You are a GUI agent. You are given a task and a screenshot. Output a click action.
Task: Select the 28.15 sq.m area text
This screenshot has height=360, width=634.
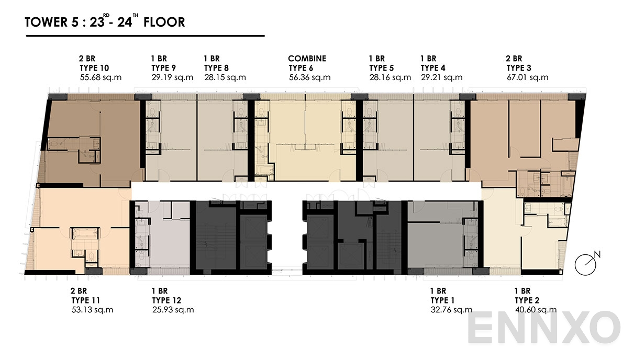(225, 77)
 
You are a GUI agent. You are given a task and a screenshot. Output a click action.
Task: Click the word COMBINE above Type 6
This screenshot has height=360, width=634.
(307, 59)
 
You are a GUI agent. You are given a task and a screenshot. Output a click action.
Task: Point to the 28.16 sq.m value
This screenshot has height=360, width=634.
(390, 77)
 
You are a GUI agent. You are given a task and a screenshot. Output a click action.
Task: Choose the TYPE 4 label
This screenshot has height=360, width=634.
(433, 68)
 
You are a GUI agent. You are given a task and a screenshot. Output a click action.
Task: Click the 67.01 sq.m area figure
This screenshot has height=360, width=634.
(527, 77)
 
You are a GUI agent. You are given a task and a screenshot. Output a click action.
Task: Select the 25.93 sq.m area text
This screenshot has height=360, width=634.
(173, 310)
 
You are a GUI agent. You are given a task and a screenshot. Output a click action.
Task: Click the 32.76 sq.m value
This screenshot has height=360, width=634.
(451, 310)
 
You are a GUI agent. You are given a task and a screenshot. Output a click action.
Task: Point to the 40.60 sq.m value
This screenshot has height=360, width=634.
(536, 310)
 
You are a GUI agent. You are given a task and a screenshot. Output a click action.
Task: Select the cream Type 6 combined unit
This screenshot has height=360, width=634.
(306, 157)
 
